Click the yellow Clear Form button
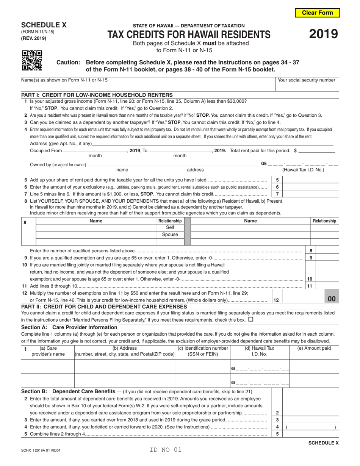tap(317, 13)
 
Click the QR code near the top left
tap(32, 61)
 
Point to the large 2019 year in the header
tap(323, 34)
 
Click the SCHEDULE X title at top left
tap(44, 25)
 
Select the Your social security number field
tap(307, 86)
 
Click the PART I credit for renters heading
tap(97, 95)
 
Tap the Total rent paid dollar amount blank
tap(317, 150)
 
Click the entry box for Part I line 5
tap(310, 180)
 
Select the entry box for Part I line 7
tap(310, 194)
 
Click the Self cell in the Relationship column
tap(170, 228)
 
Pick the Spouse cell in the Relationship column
tap(170, 235)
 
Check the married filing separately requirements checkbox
tap(250, 319)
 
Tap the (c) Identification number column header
tap(203, 351)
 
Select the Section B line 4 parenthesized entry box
tap(310, 427)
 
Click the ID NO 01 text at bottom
tap(166, 450)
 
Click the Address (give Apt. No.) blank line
tap(212, 144)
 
